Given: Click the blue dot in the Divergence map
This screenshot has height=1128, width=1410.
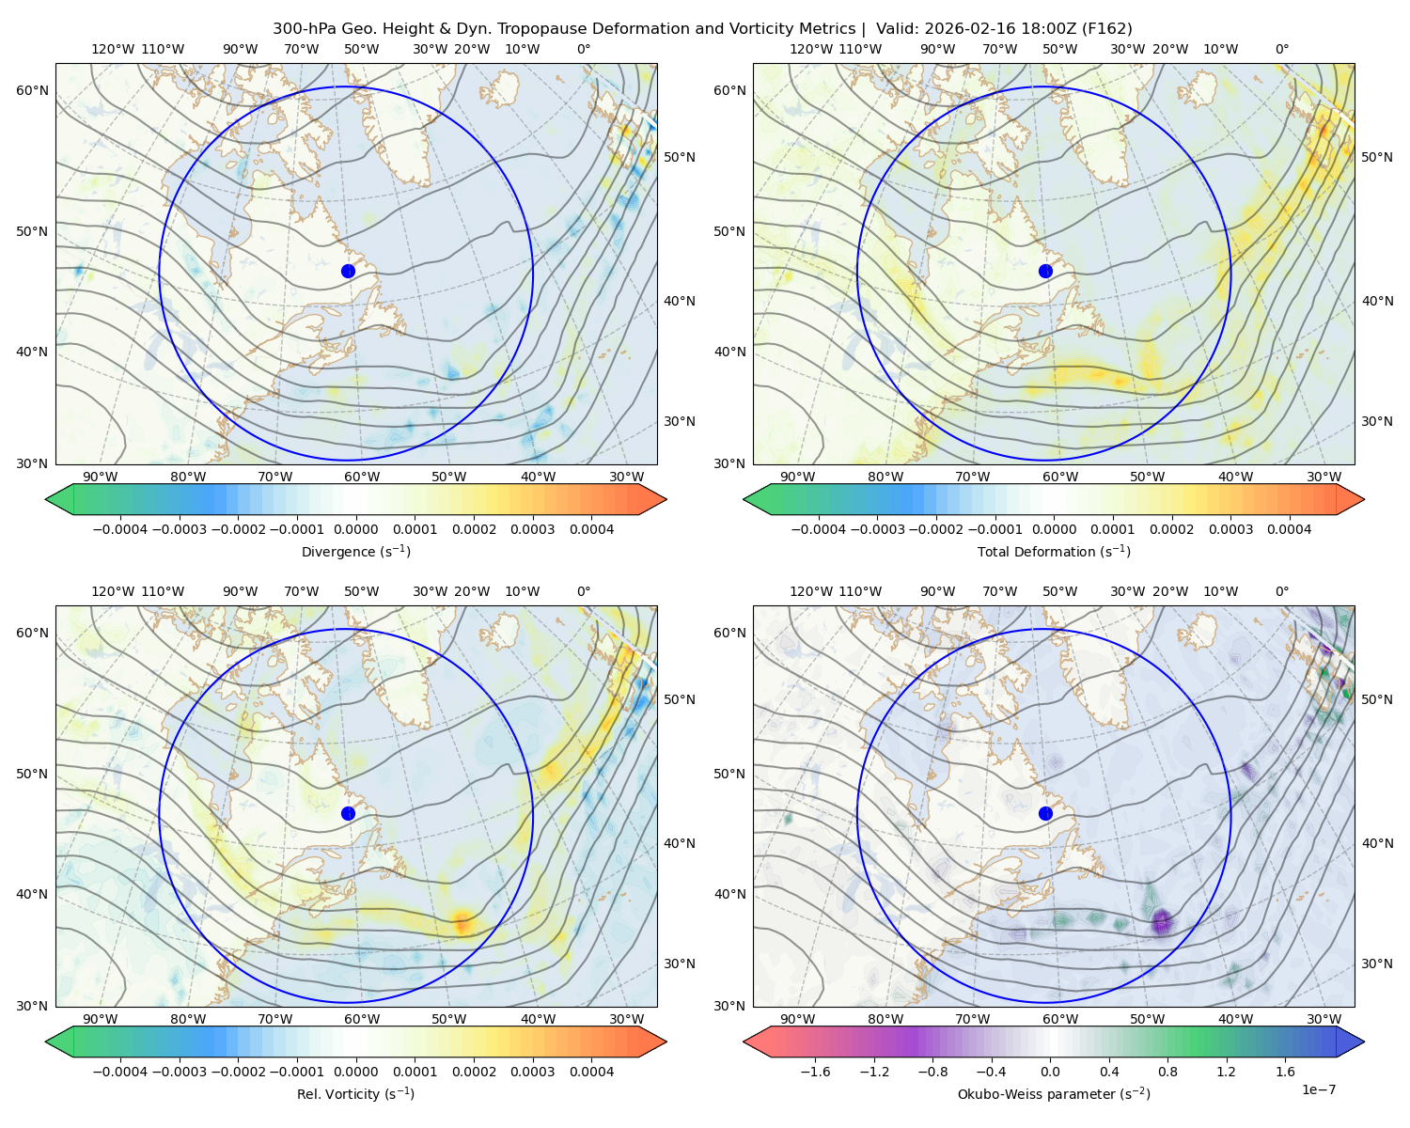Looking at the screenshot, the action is click(348, 272).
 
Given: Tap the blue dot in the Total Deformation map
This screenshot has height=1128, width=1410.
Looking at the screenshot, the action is click(1045, 272).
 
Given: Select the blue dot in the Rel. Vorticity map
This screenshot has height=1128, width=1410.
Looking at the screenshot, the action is click(348, 813).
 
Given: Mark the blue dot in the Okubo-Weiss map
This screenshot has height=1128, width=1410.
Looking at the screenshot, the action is click(1045, 813).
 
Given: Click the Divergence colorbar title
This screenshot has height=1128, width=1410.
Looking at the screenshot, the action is click(355, 552).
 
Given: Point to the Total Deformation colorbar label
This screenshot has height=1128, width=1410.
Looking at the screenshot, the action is click(1054, 552).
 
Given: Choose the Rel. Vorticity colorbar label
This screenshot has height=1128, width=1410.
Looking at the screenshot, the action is click(355, 1094).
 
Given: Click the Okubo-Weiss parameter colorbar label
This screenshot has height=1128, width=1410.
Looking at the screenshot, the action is click(1054, 1094).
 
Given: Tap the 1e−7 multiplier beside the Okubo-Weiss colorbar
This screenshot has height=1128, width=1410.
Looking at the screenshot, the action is click(1318, 1089).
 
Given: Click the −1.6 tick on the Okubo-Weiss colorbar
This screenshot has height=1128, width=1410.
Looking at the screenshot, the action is click(815, 1072).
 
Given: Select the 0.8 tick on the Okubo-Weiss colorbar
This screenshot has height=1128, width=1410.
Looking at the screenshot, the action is click(1167, 1072).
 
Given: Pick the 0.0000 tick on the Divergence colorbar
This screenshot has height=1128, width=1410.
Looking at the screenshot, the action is click(355, 529).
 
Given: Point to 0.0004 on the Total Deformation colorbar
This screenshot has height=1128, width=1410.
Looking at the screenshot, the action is click(1289, 529).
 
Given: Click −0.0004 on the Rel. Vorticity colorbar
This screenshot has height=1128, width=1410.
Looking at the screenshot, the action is click(120, 1072).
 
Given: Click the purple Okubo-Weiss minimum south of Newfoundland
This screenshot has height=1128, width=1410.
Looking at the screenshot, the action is click(1162, 921).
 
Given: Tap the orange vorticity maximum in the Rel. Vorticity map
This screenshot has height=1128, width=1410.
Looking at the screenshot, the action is click(462, 923).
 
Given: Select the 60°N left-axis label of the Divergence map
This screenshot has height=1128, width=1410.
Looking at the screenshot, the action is click(32, 90).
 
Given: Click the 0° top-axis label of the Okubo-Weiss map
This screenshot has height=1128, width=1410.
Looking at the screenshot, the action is click(1281, 591).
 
